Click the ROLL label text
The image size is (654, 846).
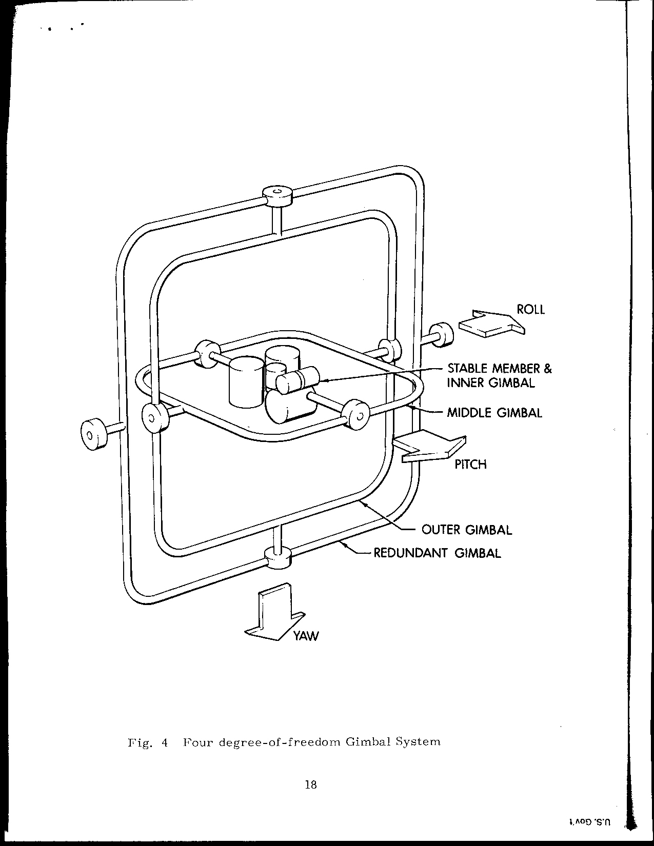tap(530, 310)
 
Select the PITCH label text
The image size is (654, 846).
tap(470, 465)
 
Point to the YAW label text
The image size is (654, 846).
tap(306, 636)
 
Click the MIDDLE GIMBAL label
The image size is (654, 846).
tap(494, 413)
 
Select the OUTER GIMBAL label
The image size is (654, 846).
tap(466, 530)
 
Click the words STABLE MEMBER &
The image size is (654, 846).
tap(500, 368)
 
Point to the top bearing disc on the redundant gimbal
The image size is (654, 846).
tap(278, 195)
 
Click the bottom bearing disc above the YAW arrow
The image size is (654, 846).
tap(278, 557)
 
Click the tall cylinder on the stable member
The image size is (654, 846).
tap(245, 382)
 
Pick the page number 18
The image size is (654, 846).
tap(310, 784)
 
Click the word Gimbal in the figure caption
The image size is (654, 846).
tap(366, 742)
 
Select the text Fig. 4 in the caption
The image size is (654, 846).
tap(148, 742)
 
